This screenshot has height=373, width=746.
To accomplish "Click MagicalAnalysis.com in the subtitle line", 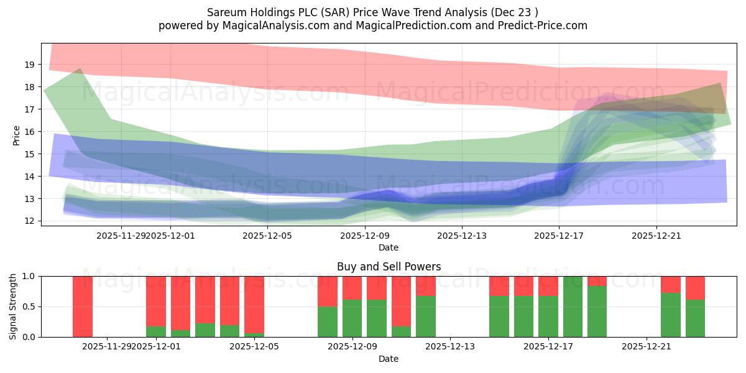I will (264, 25).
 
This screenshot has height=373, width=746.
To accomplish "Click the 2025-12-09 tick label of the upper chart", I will (365, 236).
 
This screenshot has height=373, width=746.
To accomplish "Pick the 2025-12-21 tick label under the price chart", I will (656, 236).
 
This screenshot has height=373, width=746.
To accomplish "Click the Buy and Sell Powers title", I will (389, 267).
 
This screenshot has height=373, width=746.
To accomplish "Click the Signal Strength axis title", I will (13, 306).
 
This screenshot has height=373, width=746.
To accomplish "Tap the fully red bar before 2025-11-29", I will (83, 306).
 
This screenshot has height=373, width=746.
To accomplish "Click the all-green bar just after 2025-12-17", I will (573, 306).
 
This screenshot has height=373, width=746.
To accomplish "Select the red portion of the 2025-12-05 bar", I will (254, 305).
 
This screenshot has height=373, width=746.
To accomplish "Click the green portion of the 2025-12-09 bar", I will (352, 318).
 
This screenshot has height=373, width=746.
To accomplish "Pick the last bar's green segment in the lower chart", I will (695, 318).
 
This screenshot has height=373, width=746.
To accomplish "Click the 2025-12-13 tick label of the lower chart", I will (450, 347).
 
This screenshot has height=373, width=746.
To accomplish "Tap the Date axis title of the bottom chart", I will (389, 359).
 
